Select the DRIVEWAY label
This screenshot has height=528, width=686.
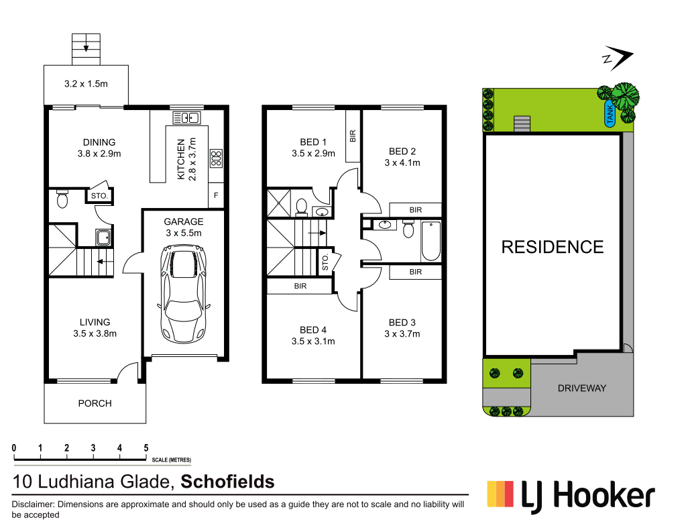pyautogui.click(x=581, y=388)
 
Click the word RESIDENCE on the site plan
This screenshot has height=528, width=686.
pyautogui.click(x=553, y=247)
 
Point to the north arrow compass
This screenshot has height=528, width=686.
pyautogui.click(x=617, y=59)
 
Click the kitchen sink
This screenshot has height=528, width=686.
pyautogui.click(x=186, y=118)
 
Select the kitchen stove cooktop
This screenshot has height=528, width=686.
pyautogui.click(x=216, y=158)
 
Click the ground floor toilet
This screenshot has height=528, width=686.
pyautogui.click(x=62, y=199)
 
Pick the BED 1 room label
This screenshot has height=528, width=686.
pyautogui.click(x=313, y=142)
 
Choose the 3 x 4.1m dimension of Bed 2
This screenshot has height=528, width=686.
pyautogui.click(x=402, y=162)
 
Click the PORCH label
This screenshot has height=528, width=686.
pyautogui.click(x=95, y=403)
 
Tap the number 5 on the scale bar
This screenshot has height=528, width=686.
pyautogui.click(x=146, y=448)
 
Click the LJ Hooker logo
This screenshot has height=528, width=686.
pyautogui.click(x=570, y=497)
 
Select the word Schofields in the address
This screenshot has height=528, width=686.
pyautogui.click(x=228, y=481)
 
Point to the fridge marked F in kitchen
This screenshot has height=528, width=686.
pyautogui.click(x=216, y=195)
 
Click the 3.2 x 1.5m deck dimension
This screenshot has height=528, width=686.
pyautogui.click(x=86, y=84)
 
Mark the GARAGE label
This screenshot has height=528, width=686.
pyautogui.click(x=183, y=221)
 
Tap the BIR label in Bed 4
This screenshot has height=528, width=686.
pyautogui.click(x=300, y=286)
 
